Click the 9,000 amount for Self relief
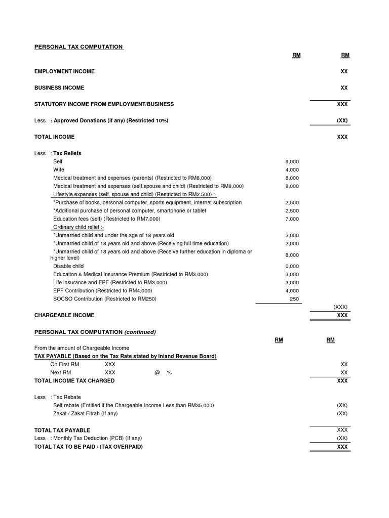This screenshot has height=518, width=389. (x=292, y=162)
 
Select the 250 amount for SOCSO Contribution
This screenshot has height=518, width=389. (x=294, y=299)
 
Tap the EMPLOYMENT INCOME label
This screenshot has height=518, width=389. (x=64, y=71)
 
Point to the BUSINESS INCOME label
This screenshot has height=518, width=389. (x=59, y=88)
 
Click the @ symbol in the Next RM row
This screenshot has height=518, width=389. (x=157, y=372)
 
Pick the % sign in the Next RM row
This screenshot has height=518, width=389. (x=169, y=372)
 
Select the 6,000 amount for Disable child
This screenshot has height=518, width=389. (x=292, y=266)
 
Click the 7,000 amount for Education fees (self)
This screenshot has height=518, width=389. (x=292, y=219)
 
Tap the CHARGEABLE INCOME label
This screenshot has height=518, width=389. (x=64, y=315)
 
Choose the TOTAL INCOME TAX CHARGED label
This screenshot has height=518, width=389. (x=74, y=380)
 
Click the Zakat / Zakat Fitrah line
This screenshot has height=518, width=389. (x=85, y=413)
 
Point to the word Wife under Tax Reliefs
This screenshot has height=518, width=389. (x=59, y=170)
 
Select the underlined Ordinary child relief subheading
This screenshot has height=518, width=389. (x=79, y=227)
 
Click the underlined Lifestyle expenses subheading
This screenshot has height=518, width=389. (x=134, y=194)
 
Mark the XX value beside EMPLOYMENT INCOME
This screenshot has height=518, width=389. (x=344, y=71)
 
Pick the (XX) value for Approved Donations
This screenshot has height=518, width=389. (x=342, y=120)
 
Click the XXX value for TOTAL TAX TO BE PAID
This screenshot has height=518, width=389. (x=342, y=447)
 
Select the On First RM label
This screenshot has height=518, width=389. (x=64, y=364)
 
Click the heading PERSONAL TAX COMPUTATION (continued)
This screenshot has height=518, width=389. (x=95, y=332)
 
